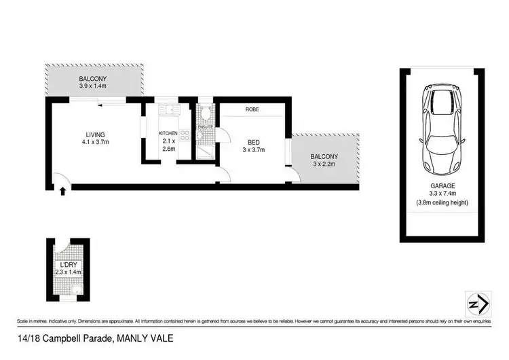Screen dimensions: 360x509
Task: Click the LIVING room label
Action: click(x=94, y=134)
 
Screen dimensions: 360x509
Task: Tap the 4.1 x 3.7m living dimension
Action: click(x=95, y=143)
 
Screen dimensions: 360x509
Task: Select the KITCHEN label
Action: click(x=168, y=133)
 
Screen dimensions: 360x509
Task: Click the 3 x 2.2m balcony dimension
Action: click(x=325, y=164)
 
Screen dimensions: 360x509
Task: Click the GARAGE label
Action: click(x=442, y=185)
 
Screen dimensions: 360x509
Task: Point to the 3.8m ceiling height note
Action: click(x=442, y=203)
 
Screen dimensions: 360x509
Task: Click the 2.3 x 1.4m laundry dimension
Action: click(x=68, y=272)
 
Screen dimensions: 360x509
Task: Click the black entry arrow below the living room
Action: click(x=63, y=193)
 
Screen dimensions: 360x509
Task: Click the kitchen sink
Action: click(x=167, y=111)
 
